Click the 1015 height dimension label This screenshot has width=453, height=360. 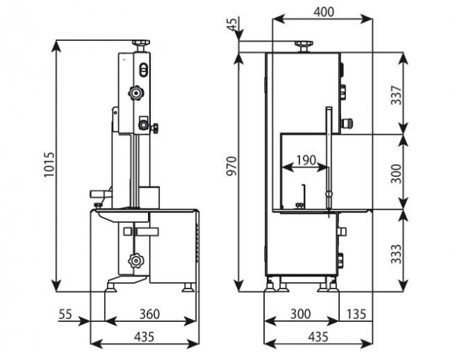[49, 165]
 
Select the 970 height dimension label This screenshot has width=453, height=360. [231, 166]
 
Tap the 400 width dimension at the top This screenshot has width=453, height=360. [324, 12]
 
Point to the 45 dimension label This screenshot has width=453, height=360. [233, 23]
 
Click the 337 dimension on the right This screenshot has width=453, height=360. [396, 95]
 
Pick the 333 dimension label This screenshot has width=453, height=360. [396, 254]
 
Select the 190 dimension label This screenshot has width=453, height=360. [306, 160]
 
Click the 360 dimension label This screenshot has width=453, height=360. [149, 314]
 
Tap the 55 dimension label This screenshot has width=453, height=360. [65, 314]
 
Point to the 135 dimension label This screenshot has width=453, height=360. [356, 314]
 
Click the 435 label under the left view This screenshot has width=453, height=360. [144, 337]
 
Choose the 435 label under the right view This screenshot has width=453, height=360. [318, 337]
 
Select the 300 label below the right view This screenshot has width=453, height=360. [300, 314]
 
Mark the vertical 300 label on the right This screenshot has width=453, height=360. [396, 173]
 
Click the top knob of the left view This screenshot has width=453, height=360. [141, 45]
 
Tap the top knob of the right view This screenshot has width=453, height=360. [304, 46]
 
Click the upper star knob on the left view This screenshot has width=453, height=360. [136, 93]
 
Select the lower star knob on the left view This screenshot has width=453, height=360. [135, 261]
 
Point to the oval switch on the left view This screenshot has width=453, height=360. [144, 69]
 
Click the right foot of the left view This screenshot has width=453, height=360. [188, 288]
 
